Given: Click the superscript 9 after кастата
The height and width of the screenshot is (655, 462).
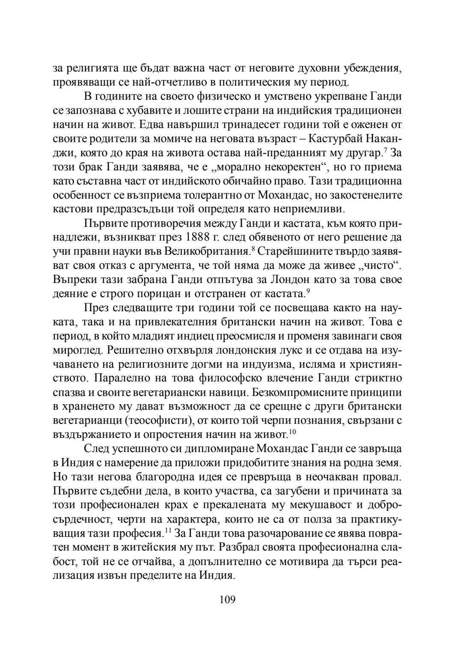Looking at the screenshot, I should pos(307,291).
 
